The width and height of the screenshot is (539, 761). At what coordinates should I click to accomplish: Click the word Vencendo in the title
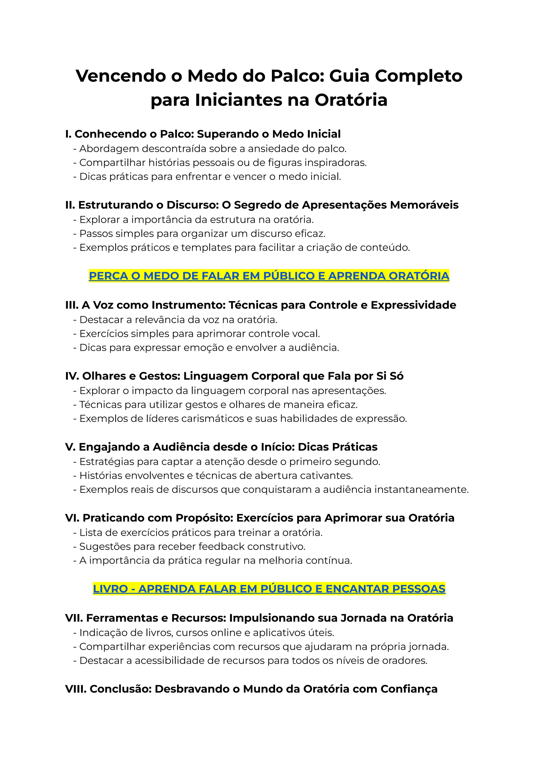tap(121, 76)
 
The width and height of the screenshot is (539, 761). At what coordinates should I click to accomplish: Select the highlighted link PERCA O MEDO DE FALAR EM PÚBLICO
tap(269, 276)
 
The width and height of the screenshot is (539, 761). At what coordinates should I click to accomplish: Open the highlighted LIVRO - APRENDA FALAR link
tap(269, 588)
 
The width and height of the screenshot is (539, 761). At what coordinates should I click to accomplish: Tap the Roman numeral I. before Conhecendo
tap(68, 134)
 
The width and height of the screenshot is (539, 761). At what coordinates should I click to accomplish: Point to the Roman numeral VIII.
tap(76, 689)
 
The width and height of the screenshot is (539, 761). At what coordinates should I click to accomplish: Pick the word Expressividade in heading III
tap(413, 305)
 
